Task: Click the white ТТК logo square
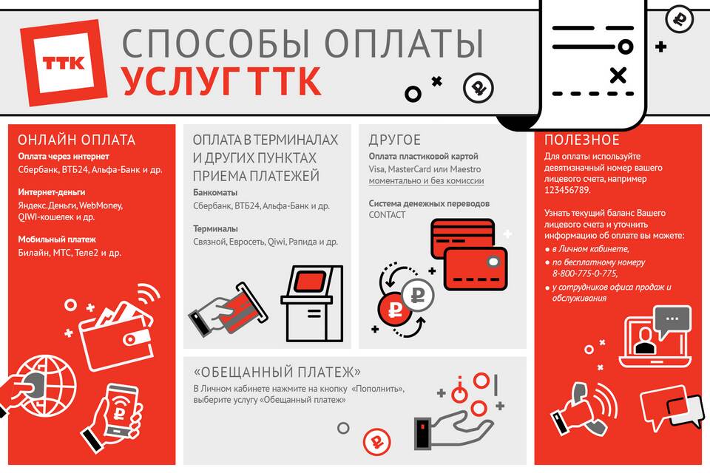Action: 64,63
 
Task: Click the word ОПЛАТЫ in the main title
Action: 405,44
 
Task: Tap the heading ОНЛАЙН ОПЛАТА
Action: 76,140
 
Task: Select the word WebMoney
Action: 101,205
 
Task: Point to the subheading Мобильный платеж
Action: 57,239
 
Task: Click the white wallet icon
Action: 117,335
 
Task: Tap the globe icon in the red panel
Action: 45,386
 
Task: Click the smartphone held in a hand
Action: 120,410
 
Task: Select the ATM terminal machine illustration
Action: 312,304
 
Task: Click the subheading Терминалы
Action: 215,228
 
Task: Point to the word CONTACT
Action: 387,215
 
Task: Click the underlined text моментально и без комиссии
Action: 426,180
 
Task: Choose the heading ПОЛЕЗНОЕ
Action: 582,140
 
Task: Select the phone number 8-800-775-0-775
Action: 584,273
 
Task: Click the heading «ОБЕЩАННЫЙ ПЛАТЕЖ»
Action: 277,372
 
